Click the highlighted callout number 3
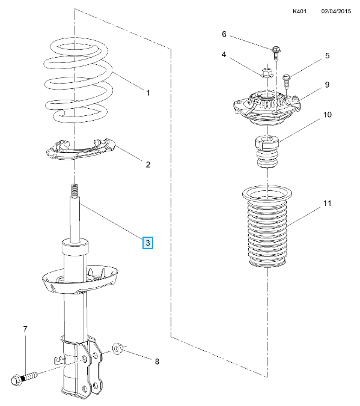[x=148, y=243]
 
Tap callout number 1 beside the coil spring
[x=148, y=92]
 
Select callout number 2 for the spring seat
[x=148, y=165]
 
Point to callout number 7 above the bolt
[x=25, y=329]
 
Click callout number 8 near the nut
[x=157, y=362]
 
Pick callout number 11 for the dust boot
[x=328, y=203]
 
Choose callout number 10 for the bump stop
[x=328, y=115]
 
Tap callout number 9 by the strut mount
[x=327, y=85]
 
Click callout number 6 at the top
[x=224, y=34]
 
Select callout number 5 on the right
[x=328, y=56]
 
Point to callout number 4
[x=224, y=55]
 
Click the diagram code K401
[x=299, y=11]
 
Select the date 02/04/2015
[x=336, y=11]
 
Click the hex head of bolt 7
[x=17, y=380]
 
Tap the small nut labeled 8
[x=118, y=348]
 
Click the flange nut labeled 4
[x=266, y=73]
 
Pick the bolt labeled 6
[x=276, y=53]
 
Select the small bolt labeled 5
[x=287, y=81]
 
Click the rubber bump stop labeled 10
[x=267, y=151]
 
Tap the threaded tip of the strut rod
[x=75, y=190]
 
